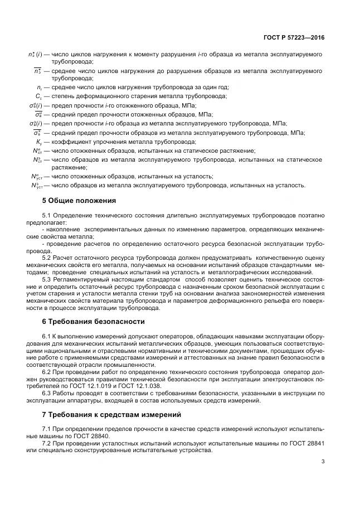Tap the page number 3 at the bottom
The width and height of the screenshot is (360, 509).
(323, 460)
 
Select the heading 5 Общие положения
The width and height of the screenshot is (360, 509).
(80, 200)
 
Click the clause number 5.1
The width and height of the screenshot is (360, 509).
(47, 215)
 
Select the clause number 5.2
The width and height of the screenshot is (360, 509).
(47, 258)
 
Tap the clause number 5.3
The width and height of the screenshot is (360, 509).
(47, 279)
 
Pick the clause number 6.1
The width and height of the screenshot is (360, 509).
(47, 336)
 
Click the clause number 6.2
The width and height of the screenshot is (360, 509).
(47, 371)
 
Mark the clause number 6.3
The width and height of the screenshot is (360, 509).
(47, 392)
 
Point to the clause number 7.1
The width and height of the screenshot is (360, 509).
(47, 428)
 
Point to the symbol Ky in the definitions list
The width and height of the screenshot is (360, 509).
(38, 142)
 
